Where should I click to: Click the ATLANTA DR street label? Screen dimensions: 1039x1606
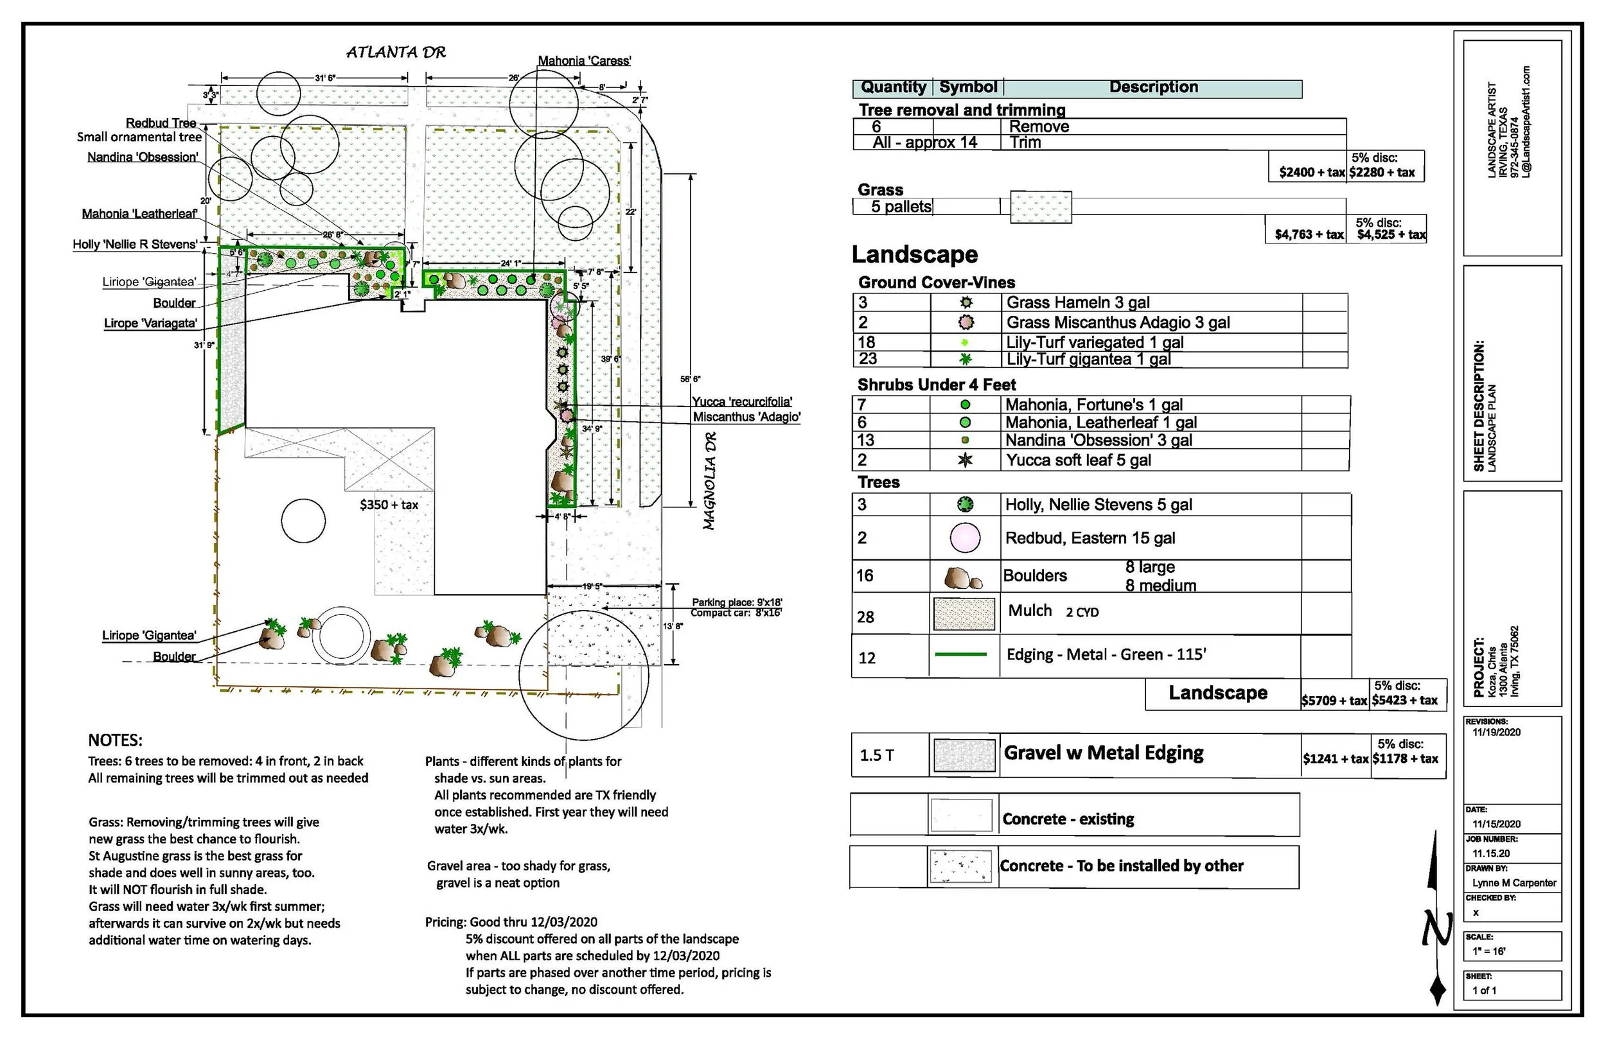(x=396, y=53)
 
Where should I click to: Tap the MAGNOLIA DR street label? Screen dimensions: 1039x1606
(x=709, y=480)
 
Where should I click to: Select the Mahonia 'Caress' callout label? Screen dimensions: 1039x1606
(x=584, y=61)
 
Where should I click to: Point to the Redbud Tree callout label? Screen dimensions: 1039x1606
(x=161, y=123)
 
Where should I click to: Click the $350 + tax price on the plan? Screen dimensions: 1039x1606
(x=389, y=505)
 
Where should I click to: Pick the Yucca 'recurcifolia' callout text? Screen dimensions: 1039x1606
(x=741, y=401)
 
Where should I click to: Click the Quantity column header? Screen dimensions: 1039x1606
(x=894, y=87)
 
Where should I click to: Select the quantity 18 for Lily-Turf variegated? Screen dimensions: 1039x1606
(x=867, y=342)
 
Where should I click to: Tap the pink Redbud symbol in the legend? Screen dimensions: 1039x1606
(x=965, y=537)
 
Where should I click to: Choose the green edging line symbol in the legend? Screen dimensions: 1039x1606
(x=961, y=654)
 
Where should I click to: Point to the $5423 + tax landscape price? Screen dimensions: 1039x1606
(x=1405, y=701)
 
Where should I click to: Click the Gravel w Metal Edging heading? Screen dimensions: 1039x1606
(x=1103, y=753)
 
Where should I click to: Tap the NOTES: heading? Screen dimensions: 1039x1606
(x=116, y=740)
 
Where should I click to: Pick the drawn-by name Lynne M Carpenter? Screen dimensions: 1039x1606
(x=1514, y=882)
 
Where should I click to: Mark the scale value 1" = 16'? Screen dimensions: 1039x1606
(x=1489, y=951)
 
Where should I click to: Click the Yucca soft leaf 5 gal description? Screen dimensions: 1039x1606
(x=1079, y=460)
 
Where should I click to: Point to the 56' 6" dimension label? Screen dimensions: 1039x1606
(x=691, y=379)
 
